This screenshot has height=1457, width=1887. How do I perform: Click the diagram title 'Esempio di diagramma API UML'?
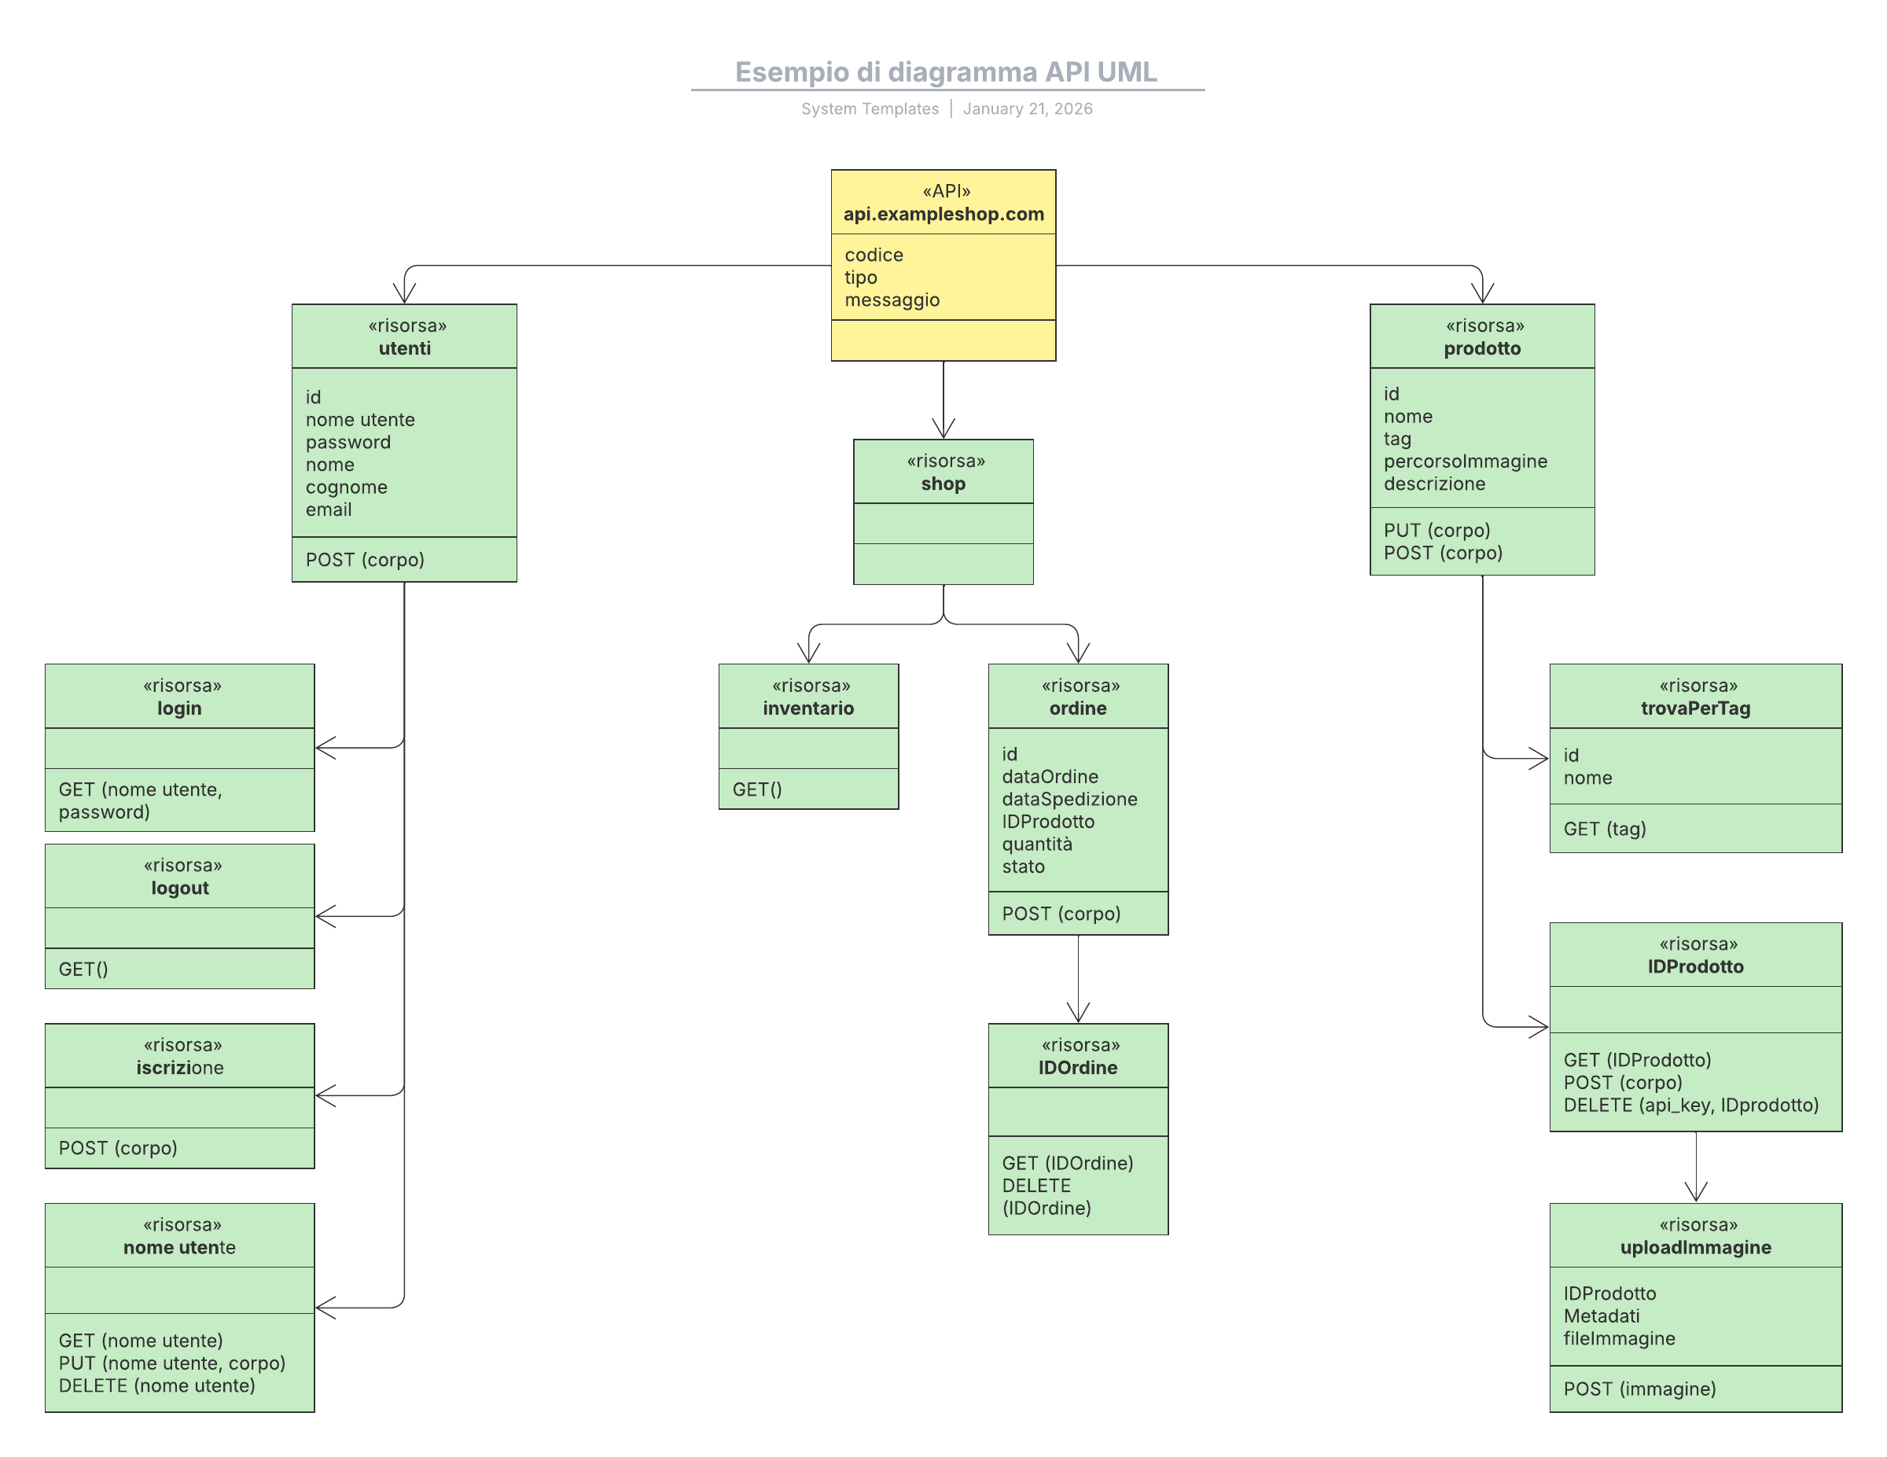(945, 72)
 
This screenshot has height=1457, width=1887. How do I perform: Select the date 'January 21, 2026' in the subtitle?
(1028, 109)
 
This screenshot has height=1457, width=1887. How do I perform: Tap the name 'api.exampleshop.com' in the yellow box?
(943, 215)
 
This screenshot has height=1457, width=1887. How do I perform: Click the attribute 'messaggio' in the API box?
(892, 300)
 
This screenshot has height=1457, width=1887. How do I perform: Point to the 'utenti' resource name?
(404, 348)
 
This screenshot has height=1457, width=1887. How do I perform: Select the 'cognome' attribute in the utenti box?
(347, 488)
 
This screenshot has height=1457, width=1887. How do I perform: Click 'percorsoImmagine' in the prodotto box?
(1466, 462)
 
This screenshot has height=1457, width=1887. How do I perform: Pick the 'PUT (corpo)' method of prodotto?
(1436, 531)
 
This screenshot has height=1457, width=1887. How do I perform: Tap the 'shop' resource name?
(943, 484)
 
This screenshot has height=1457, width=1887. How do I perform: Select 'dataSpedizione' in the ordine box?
(1069, 800)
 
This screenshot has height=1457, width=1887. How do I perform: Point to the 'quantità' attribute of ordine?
(1037, 844)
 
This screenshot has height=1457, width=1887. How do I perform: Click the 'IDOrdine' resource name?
(1078, 1068)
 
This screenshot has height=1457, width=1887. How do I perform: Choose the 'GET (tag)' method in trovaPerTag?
(1605, 830)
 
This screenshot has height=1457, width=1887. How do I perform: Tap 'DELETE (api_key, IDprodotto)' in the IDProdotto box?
(1691, 1106)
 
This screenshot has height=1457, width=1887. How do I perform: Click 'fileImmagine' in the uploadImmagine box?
(1619, 1338)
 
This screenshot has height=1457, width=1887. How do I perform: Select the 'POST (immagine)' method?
(1640, 1389)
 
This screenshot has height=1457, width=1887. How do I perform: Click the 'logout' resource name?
(180, 889)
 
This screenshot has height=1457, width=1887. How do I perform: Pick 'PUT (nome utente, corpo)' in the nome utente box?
(172, 1363)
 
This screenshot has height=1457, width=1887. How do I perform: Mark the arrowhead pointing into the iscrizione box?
(325, 1096)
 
